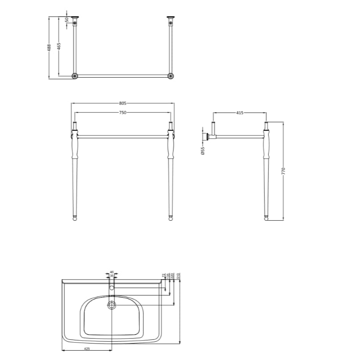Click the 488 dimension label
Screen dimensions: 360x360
50,47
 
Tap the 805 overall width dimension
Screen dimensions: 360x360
122,104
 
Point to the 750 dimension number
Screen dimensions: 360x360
122,113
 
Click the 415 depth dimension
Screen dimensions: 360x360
239,113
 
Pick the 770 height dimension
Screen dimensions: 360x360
283,171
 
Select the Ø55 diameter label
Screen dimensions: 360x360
203,151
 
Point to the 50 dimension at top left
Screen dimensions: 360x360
67,20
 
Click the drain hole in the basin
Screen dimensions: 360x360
112,305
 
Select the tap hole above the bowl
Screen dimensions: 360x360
112,288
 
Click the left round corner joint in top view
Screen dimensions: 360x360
75,76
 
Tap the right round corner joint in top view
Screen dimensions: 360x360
170,76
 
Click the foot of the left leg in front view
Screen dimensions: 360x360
75,218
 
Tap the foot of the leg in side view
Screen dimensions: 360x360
267,218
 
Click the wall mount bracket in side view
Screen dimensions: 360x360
207,136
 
